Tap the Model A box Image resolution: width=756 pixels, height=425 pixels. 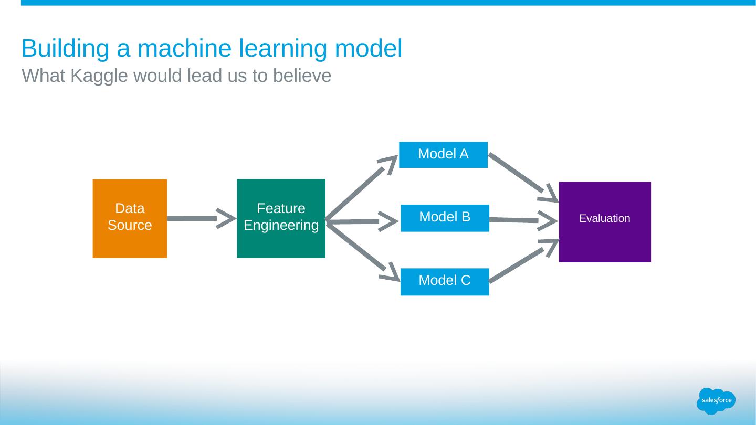(x=443, y=155)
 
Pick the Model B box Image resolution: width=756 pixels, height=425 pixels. (x=445, y=218)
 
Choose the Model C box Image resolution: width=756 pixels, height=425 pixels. (x=445, y=282)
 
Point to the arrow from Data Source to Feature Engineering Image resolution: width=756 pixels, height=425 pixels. (x=199, y=218)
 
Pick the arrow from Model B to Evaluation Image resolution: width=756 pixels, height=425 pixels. (x=520, y=220)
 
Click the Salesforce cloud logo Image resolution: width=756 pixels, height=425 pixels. (x=716, y=401)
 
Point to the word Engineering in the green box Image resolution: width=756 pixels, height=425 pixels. (x=281, y=226)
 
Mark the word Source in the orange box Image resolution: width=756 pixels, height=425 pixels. (x=130, y=226)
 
